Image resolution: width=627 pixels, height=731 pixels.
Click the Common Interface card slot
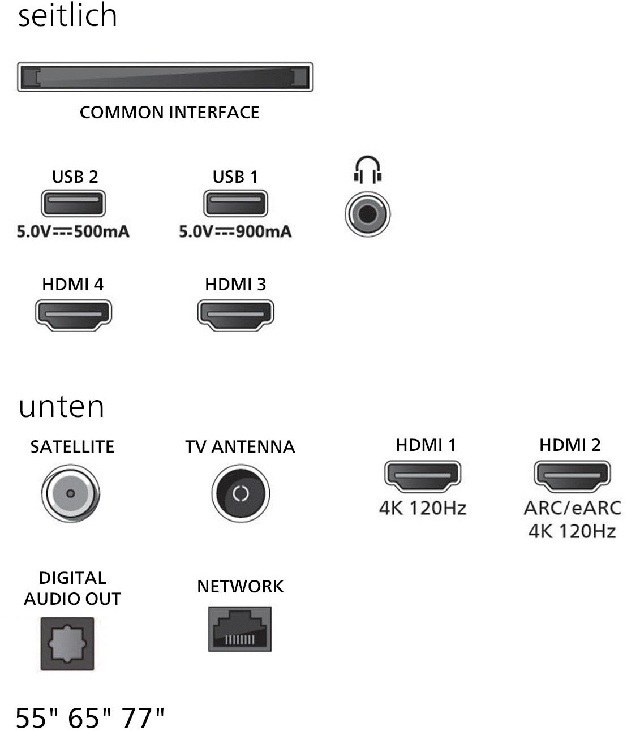tap(165, 77)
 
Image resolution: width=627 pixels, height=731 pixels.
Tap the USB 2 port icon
tap(74, 203)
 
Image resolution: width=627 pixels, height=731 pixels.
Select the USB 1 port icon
tap(235, 203)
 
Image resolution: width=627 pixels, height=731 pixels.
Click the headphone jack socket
tap(367, 214)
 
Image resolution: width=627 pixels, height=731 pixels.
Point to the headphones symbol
tap(367, 169)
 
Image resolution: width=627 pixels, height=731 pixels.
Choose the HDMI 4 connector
tap(74, 314)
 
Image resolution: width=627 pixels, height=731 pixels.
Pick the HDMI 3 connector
tap(235, 314)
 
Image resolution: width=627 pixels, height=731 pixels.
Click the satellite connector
tap(71, 493)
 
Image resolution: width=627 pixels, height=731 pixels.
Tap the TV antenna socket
tap(241, 493)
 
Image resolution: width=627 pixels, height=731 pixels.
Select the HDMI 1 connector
tap(423, 476)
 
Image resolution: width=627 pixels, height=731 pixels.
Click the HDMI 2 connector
tap(572, 476)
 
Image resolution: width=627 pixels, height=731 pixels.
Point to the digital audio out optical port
tap(67, 644)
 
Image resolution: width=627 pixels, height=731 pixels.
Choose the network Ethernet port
tap(240, 629)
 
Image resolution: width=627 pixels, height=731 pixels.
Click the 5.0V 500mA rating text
tap(73, 231)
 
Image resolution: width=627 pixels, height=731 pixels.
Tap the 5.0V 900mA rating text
tap(235, 231)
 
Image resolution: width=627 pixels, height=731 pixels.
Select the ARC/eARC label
tap(572, 508)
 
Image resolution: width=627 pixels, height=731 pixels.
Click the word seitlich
tap(68, 15)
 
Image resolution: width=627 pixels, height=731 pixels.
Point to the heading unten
tap(61, 407)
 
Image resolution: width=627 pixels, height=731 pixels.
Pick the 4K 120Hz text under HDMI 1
tap(423, 508)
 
